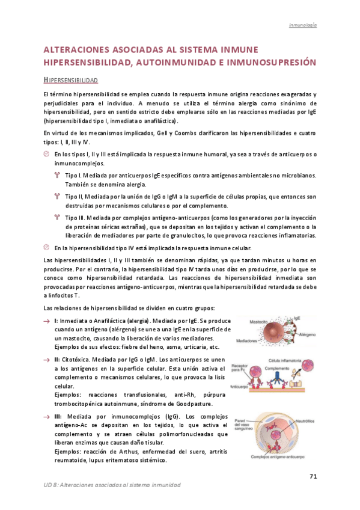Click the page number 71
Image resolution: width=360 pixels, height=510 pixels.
point(313,477)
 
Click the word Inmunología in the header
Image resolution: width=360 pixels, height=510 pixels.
point(303,25)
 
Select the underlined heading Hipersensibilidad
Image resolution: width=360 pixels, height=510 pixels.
point(72,80)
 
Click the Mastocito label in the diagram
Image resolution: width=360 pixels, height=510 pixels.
point(247,321)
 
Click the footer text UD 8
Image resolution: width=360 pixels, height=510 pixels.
point(52,485)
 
